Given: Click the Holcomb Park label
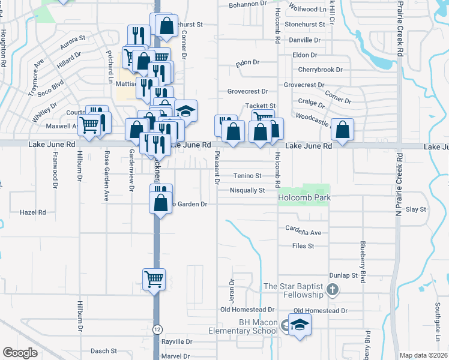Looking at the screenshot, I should coord(304,197).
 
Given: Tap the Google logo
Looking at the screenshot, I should coord(20,353).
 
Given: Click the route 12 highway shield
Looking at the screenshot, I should coord(157,329).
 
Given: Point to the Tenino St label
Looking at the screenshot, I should coord(247,176).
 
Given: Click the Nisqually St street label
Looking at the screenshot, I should coord(247,190).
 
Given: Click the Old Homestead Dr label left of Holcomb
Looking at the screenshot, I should coord(247,310).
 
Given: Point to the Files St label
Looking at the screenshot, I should coord(303,246).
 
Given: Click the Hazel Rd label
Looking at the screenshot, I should coord(32,212).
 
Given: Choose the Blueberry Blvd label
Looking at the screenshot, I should coord(362,258).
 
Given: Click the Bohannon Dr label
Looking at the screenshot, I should coord(247,4).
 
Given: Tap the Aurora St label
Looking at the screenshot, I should coord(73,41).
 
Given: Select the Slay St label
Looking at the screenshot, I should coord(415,209).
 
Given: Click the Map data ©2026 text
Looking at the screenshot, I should coord(423,355).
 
